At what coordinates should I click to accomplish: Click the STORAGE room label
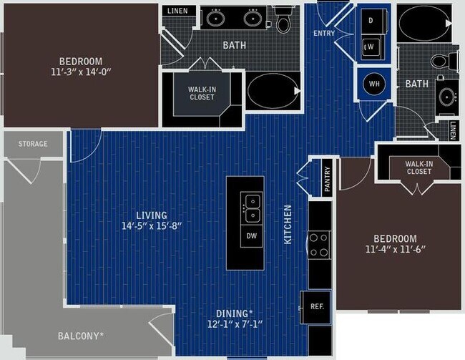[x=33, y=144]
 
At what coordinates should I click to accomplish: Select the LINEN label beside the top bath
[x=177, y=11]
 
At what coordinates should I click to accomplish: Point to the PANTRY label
[x=327, y=180]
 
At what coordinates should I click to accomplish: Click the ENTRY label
[x=324, y=34]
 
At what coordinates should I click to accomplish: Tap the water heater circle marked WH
[x=373, y=84]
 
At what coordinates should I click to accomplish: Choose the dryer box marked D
[x=371, y=20]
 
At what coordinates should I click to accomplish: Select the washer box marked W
[x=371, y=47]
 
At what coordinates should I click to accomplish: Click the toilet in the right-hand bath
[x=450, y=62]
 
